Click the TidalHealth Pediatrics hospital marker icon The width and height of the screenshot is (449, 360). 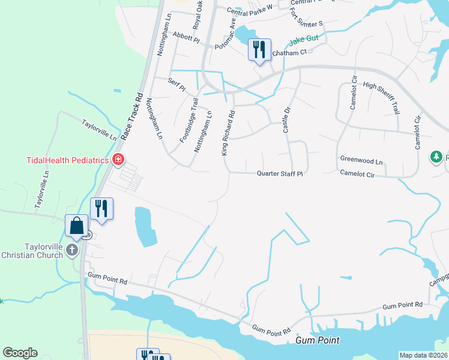118,160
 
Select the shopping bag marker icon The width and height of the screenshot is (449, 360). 76,226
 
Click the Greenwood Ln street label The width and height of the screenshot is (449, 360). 361,161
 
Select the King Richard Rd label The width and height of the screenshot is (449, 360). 228,133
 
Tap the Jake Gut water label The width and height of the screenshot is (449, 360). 303,41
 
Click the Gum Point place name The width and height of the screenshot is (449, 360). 318,340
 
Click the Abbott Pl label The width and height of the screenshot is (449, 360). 185,37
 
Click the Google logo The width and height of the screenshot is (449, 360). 20,353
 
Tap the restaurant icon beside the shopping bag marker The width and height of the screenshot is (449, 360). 101,209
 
